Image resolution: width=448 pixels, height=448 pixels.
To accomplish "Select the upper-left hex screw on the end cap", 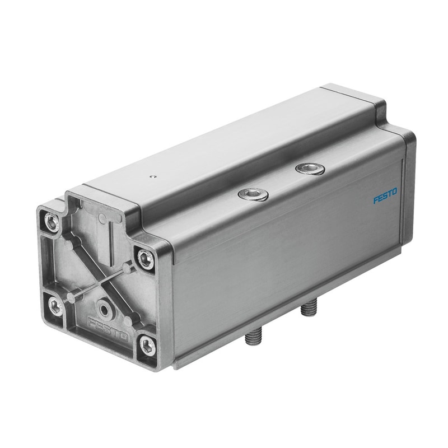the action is point(52,221).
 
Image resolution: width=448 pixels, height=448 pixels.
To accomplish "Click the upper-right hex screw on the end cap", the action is point(146,259).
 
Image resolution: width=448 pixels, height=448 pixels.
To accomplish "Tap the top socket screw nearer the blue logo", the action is point(310,169).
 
